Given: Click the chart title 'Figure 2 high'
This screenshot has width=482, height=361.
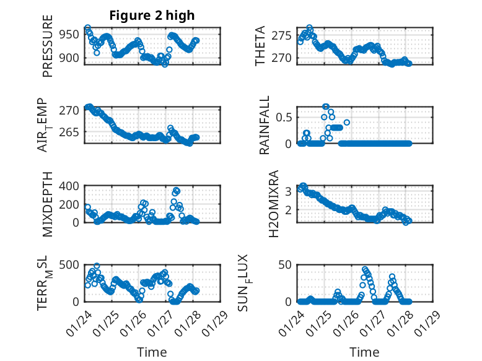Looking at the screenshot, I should pyautogui.click(x=152, y=15).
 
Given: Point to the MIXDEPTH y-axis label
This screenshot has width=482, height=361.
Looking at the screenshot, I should pyautogui.click(x=48, y=205).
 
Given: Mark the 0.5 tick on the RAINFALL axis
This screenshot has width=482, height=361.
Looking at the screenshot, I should pyautogui.click(x=284, y=117).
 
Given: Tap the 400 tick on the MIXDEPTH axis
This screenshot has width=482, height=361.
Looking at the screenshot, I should pyautogui.click(x=70, y=186).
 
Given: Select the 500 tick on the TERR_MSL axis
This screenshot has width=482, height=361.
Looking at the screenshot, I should pyautogui.click(x=70, y=265).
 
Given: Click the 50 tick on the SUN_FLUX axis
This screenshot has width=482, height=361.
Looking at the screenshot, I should pyautogui.click(x=286, y=265).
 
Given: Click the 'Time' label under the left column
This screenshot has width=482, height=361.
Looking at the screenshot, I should pyautogui.click(x=152, y=352).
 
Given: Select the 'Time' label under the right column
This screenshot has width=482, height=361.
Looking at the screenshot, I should pyautogui.click(x=364, y=352).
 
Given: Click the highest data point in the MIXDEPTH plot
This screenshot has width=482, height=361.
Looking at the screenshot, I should pyautogui.click(x=177, y=191).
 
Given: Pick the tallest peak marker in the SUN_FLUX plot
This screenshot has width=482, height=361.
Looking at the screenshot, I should pyautogui.click(x=364, y=269).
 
